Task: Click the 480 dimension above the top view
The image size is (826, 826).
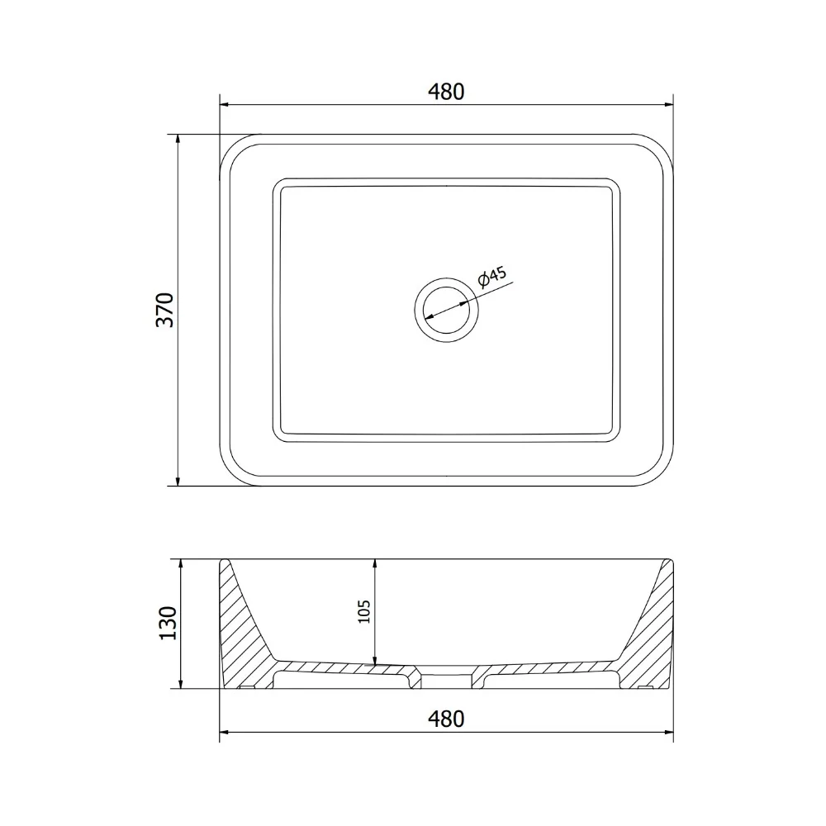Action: [446, 92]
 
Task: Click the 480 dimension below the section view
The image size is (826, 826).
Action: [446, 719]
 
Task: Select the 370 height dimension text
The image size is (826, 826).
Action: [165, 310]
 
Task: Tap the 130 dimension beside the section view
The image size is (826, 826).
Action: [168, 624]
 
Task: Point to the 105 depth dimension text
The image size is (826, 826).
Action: [364, 611]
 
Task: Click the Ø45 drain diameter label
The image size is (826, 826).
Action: [491, 277]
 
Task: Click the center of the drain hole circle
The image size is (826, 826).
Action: [447, 311]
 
